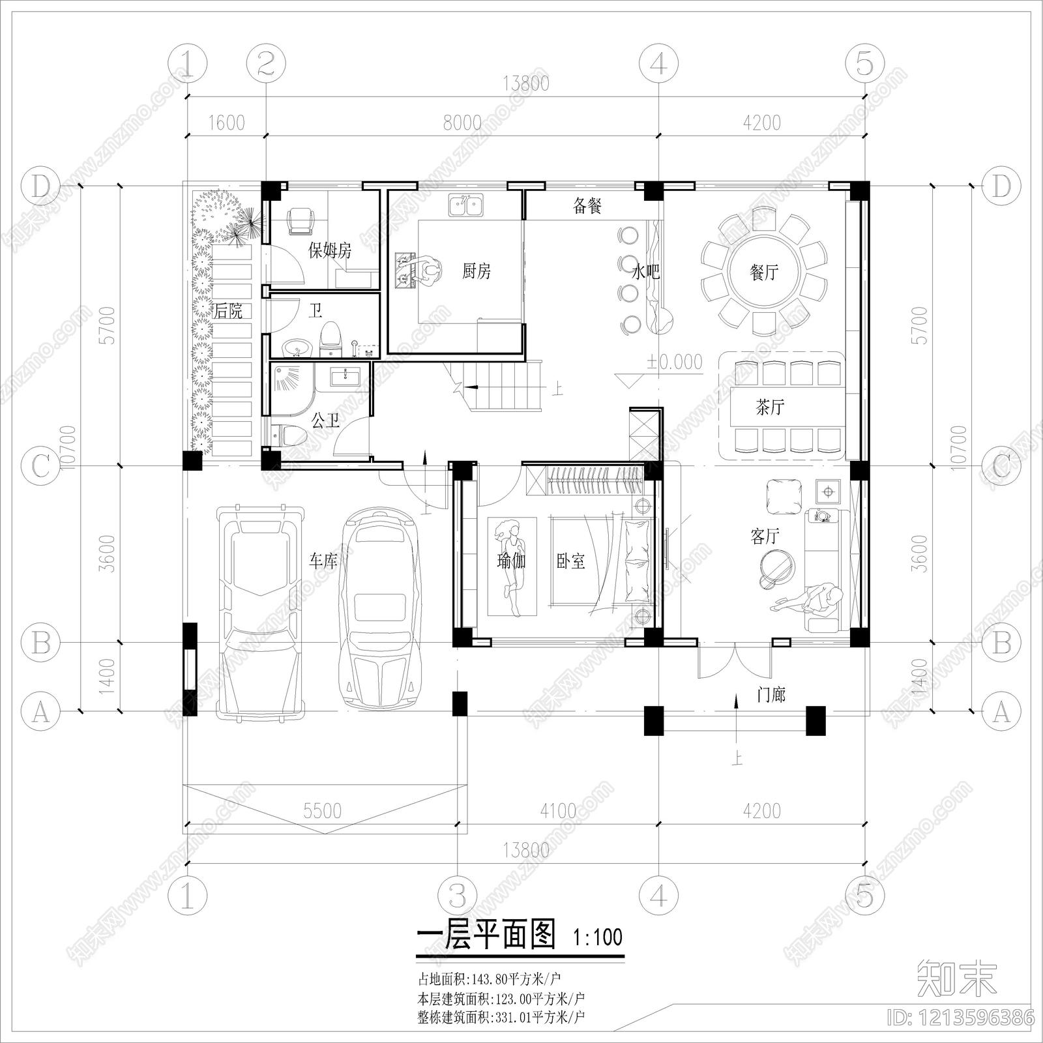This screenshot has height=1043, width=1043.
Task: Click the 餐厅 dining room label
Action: pos(764,272)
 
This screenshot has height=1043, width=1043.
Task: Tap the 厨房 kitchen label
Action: pos(476,271)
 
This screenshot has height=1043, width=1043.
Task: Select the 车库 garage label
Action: pos(323,560)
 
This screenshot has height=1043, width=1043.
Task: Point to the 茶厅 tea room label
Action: pos(770,407)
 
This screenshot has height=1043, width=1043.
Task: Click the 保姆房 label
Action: pos(329,250)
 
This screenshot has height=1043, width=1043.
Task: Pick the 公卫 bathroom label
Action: pos(325,420)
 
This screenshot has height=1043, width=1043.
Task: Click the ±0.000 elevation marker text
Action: pos(675,362)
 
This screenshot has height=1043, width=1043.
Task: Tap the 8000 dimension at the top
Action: pos(462,123)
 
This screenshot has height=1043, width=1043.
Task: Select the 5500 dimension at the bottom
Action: pos(322,810)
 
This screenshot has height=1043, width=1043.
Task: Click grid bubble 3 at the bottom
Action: pos(458,897)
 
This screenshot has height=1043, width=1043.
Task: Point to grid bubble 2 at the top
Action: pos(266,64)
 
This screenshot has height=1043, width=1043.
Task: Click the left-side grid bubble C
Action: pos(40,466)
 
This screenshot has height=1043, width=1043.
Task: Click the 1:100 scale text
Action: pos(598,937)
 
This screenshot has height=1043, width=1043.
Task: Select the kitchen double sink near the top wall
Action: pos(466,205)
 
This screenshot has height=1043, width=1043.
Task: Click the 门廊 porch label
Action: pos(771,695)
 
